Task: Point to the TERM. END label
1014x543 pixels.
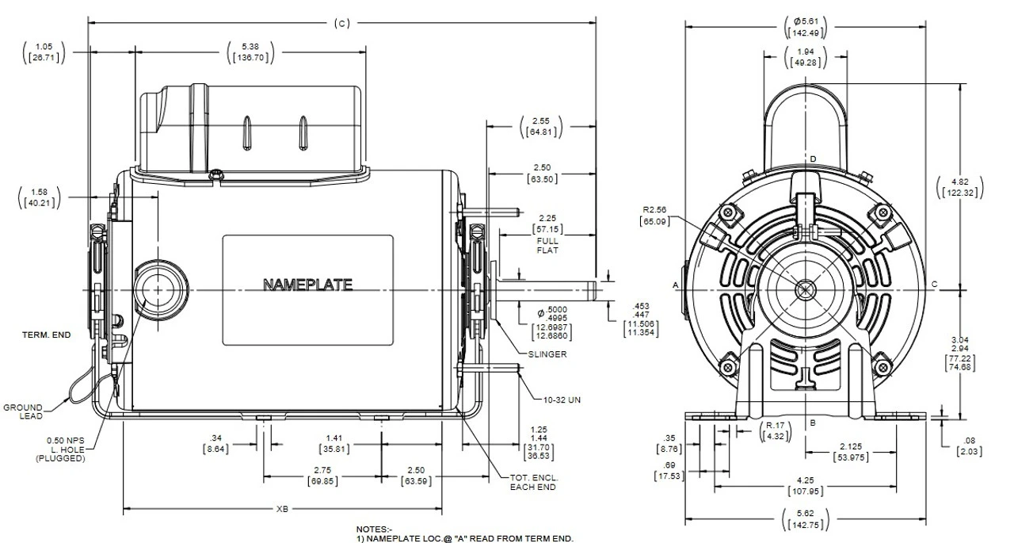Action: pos(46,335)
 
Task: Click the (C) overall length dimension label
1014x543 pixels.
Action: pos(338,22)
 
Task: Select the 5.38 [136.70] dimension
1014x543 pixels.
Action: pos(254,52)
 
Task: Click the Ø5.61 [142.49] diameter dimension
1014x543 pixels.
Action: pos(805,26)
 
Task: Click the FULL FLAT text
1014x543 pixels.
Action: pos(547,245)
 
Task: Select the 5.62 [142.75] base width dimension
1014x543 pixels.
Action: pos(806,520)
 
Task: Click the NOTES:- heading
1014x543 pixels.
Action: pos(374,528)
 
